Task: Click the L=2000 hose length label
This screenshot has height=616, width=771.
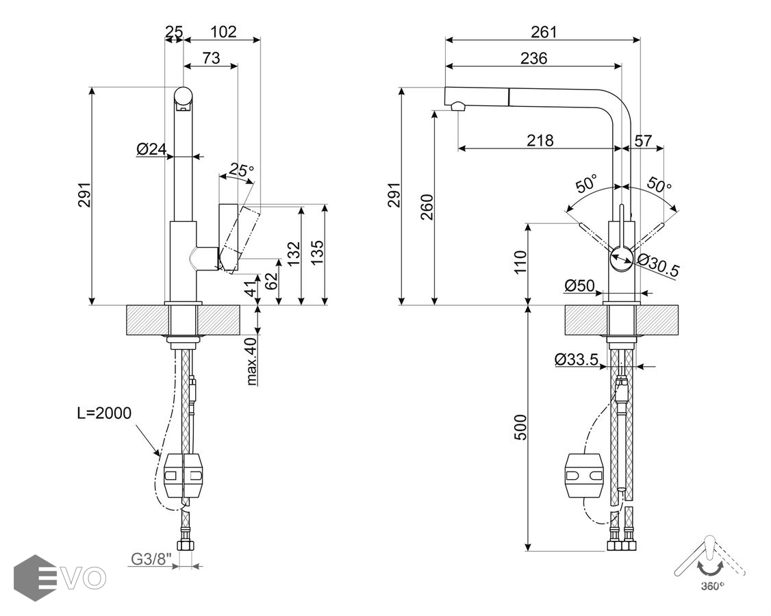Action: click(104, 413)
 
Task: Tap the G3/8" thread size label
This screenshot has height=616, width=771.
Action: click(151, 559)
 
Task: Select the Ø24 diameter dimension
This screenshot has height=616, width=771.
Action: click(152, 149)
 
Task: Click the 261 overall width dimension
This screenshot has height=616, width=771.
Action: click(544, 31)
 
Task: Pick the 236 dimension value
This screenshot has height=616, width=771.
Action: click(533, 58)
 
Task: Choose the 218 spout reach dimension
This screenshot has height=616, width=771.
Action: click(540, 140)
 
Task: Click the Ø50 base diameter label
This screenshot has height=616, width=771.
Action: click(579, 285)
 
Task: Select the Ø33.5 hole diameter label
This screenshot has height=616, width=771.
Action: click(577, 359)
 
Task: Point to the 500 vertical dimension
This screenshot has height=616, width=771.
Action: click(521, 428)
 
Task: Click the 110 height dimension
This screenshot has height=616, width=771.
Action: click(521, 262)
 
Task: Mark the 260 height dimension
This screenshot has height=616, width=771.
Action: click(426, 207)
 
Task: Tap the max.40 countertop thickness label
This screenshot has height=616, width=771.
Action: click(251, 361)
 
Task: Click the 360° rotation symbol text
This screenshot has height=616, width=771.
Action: click(712, 586)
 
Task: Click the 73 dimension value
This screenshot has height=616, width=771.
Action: click(211, 58)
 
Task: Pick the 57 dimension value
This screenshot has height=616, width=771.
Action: click(643, 140)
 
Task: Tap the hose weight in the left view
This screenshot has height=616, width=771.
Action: click(183, 474)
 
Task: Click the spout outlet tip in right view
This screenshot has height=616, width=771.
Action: click(457, 105)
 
